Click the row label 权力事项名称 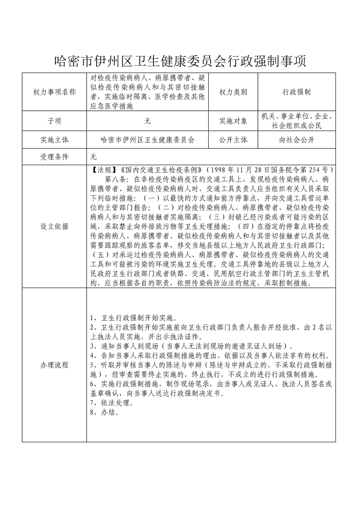pos(54,92)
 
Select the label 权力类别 pos(233,92)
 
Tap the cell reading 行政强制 pos(296,92)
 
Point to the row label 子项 pos(54,121)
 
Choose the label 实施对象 pos(233,121)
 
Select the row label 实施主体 pos(54,140)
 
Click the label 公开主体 pos(233,140)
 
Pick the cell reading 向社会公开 pos(296,140)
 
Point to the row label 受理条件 pos(54,157)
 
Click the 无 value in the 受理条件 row pos(94,157)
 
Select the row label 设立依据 pos(54,226)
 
